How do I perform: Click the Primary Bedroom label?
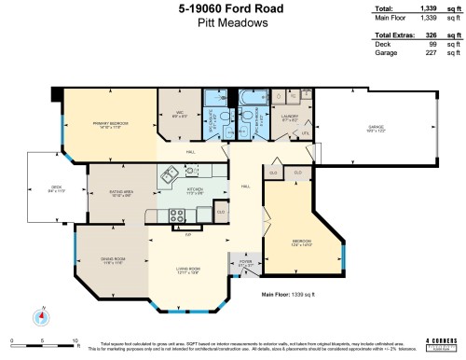pyautogui.click(x=110, y=125)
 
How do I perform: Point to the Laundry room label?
pyautogui.click(x=290, y=118)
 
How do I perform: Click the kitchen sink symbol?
pyautogui.click(x=170, y=173)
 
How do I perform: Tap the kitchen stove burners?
pyautogui.click(x=178, y=215)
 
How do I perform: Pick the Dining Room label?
pyautogui.click(x=113, y=263)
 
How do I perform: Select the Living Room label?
pyautogui.click(x=190, y=271)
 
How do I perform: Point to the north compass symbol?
pyautogui.click(x=41, y=315)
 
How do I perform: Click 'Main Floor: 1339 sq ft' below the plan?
pyautogui.click(x=292, y=294)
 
